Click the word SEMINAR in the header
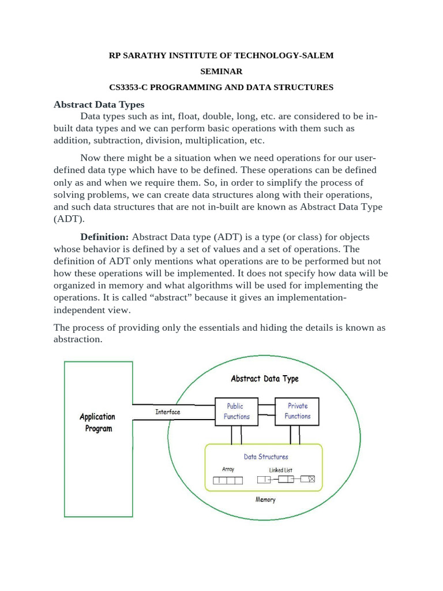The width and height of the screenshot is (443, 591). [221, 72]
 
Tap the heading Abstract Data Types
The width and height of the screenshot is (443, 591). [99, 104]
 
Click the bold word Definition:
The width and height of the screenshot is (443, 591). [104, 237]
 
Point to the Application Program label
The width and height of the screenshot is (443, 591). [97, 422]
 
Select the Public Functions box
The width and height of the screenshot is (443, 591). [236, 412]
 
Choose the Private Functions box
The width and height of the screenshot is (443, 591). [297, 411]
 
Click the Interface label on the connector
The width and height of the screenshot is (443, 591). [167, 412]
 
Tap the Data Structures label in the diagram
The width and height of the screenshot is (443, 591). [266, 457]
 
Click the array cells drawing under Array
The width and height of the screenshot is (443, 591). [228, 480]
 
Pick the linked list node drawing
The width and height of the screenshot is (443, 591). [286, 479]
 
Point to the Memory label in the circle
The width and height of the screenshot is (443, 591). [265, 500]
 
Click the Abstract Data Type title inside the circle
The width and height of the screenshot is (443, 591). [265, 379]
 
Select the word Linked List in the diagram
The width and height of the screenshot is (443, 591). [280, 470]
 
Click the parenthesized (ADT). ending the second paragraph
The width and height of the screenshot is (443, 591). [69, 219]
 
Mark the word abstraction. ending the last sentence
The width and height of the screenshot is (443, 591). [78, 339]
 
